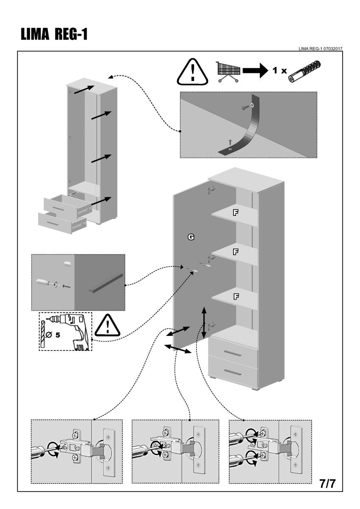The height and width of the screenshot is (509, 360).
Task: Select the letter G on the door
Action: pyautogui.click(x=191, y=238)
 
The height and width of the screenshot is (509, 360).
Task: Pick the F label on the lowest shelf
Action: pyautogui.click(x=235, y=296)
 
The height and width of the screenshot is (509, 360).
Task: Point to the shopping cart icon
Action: pyautogui.click(x=229, y=70)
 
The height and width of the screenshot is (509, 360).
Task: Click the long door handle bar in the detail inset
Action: pyautogui.click(x=106, y=283)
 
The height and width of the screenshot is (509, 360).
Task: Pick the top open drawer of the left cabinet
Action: pyautogui.click(x=64, y=205)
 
